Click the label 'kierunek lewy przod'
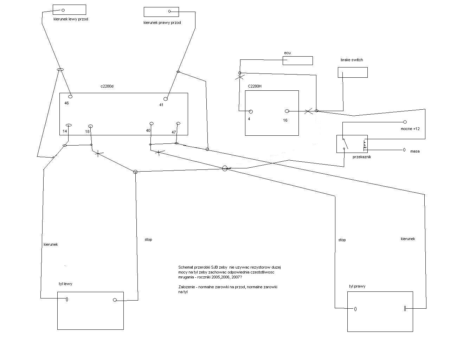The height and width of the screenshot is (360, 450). [71, 19]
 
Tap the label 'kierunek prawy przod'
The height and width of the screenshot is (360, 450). [162, 22]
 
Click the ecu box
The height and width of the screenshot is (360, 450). [297, 60]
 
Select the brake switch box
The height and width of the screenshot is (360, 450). [353, 72]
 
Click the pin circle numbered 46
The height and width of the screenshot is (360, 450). [70, 96]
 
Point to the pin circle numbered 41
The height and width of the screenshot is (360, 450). [166, 99]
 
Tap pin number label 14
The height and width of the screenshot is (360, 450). [65, 131]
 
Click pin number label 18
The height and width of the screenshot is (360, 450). [87, 132]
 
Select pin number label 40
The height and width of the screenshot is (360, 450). [148, 131]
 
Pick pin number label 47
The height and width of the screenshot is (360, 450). [174, 132]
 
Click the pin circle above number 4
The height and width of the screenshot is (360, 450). [251, 112]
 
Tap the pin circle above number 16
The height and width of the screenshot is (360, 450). [287, 111]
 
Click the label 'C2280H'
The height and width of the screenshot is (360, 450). [255, 86]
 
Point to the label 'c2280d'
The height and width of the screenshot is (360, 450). [107, 86]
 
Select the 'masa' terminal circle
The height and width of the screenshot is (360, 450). [404, 150]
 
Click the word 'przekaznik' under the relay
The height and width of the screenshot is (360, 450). [361, 157]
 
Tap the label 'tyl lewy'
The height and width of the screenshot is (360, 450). [65, 284]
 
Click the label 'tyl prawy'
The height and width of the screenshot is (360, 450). [357, 286]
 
